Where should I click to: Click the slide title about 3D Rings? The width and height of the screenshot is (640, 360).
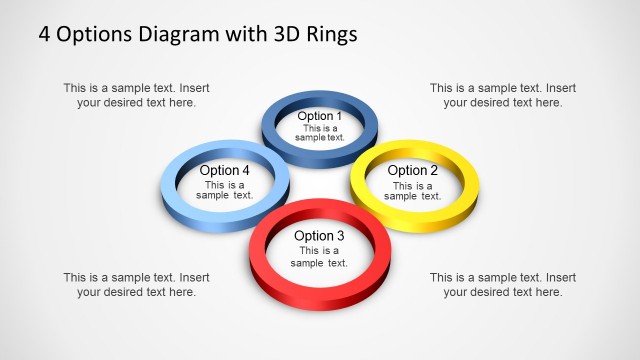[x=197, y=34]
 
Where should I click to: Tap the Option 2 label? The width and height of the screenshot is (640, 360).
[x=413, y=170]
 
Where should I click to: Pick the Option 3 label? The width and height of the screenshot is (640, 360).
[x=319, y=236]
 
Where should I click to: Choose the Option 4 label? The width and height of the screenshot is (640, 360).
[x=225, y=170]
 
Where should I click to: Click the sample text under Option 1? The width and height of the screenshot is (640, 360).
[x=321, y=133]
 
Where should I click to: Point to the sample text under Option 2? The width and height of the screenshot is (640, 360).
[x=413, y=191]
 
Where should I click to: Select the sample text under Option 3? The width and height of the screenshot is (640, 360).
[x=319, y=257]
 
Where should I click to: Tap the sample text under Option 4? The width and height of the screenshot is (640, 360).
[x=225, y=191]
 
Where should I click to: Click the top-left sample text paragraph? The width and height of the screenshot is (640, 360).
[x=136, y=95]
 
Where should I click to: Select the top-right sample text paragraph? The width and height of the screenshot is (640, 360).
[x=503, y=95]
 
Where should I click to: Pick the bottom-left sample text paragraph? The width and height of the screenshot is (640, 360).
[x=136, y=285]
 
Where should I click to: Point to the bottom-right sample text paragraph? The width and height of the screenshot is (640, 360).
[x=503, y=285]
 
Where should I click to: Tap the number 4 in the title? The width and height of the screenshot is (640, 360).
[x=45, y=34]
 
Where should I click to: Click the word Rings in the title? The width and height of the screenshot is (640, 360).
[x=329, y=34]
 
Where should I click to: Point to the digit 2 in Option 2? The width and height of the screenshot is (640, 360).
[x=434, y=170]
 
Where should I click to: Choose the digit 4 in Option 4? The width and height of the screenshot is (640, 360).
[x=246, y=170]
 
